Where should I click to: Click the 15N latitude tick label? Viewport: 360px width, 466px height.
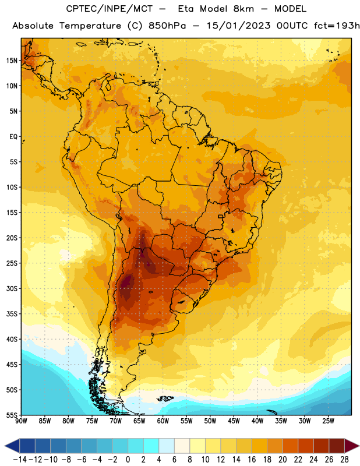11,61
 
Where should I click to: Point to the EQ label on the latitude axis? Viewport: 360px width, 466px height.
13,137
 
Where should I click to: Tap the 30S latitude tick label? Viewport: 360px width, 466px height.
11,288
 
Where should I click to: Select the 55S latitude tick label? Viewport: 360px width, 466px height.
11,415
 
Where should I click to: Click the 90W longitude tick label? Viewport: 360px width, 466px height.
21,421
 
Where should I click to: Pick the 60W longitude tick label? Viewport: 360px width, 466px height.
163,421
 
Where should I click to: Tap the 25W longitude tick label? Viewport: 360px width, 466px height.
328,421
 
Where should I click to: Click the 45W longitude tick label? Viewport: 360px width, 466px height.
234,421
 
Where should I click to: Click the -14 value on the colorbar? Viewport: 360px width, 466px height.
20,460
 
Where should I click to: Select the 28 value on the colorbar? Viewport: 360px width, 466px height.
344,460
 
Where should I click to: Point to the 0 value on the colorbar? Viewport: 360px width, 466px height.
128,460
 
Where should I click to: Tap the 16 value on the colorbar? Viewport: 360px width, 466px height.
252,460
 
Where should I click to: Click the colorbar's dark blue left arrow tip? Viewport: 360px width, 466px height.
5,446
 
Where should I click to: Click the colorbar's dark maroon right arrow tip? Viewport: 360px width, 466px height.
359,446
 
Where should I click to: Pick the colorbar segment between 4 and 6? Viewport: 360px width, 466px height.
167,446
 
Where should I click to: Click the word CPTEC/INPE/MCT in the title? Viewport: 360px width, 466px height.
109,9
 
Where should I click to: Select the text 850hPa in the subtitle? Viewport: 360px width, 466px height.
167,26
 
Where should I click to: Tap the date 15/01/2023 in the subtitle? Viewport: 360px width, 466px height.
238,26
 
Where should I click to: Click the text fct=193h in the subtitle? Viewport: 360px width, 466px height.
337,26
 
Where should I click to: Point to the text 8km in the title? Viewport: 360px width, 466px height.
243,9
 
